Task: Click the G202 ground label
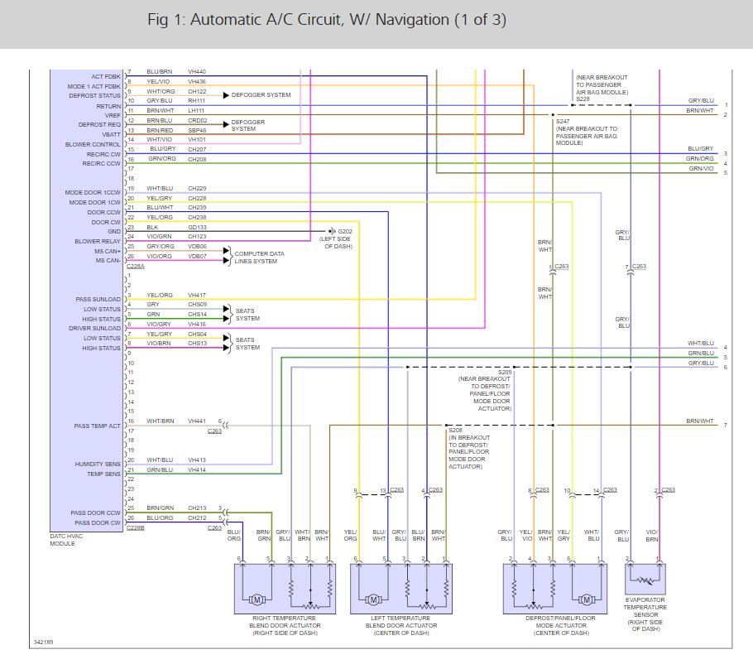coord(344,230)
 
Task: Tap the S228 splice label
coord(583,99)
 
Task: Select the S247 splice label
coord(564,122)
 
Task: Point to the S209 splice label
coord(505,372)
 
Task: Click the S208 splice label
coord(455,431)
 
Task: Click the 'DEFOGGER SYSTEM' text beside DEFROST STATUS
coord(261,95)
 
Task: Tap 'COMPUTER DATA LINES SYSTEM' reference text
coord(259,257)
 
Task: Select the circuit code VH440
coord(197,72)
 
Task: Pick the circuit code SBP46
coord(197,130)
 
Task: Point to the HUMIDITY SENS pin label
coord(98,464)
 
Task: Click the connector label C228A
coord(136,267)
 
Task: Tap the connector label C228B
coord(136,527)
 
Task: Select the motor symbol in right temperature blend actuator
coord(257,599)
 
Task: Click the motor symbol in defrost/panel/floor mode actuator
coord(586,599)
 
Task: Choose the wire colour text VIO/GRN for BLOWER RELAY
coord(161,237)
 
